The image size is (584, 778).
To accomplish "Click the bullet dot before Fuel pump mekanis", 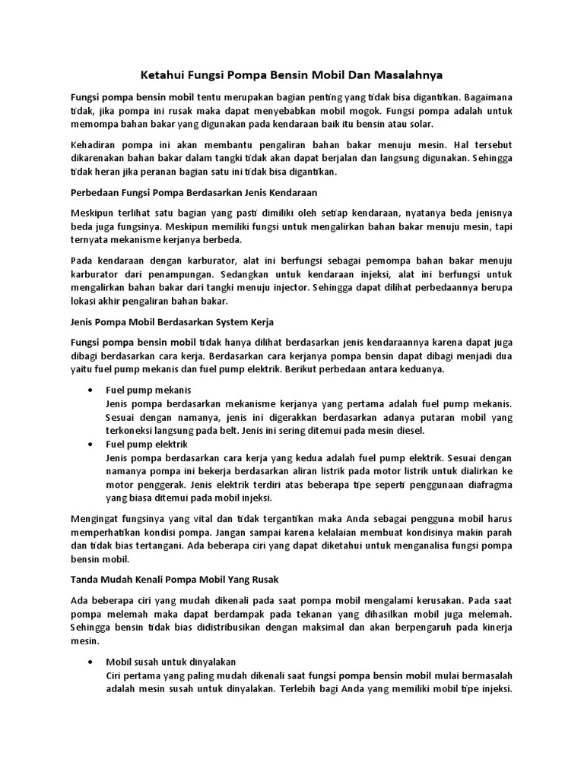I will click(x=91, y=390).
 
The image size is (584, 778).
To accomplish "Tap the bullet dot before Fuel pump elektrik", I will click(x=91, y=444).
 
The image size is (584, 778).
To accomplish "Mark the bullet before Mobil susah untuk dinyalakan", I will click(x=91, y=662).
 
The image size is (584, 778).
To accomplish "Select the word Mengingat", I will click(x=96, y=518).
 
